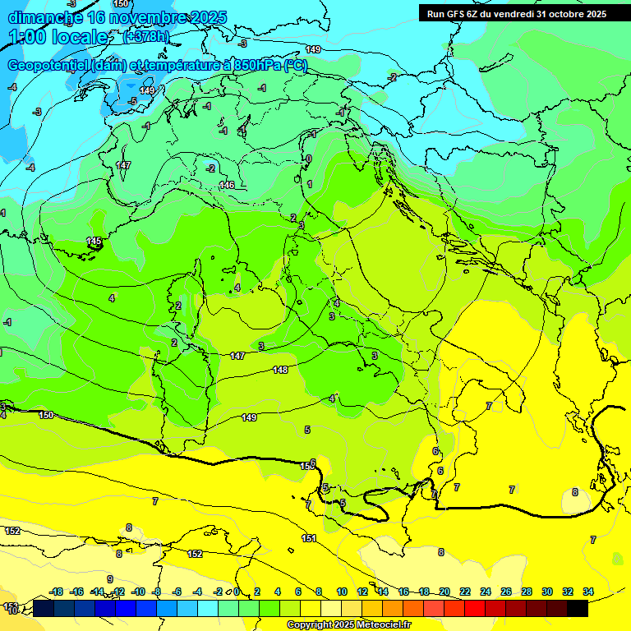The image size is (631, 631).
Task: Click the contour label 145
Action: tap(94, 241)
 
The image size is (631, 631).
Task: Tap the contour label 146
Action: tap(227, 185)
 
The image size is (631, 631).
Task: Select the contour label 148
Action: tap(280, 370)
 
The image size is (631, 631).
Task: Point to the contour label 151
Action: tap(309, 538)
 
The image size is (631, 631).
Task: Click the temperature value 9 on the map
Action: tap(109, 579)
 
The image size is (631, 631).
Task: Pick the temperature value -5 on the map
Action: tap(133, 101)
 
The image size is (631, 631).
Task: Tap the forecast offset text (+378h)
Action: tap(145, 36)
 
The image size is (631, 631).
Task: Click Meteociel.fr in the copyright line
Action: tap(377, 625)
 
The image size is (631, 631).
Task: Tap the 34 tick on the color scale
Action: tap(587, 592)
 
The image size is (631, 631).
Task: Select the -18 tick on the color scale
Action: tap(56, 592)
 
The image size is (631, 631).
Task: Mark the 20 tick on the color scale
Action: tap(444, 592)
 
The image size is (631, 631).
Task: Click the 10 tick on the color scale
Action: tap(342, 592)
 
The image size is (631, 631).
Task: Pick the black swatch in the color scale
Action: tap(577, 608)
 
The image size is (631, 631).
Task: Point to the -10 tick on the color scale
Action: tap(138, 592)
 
